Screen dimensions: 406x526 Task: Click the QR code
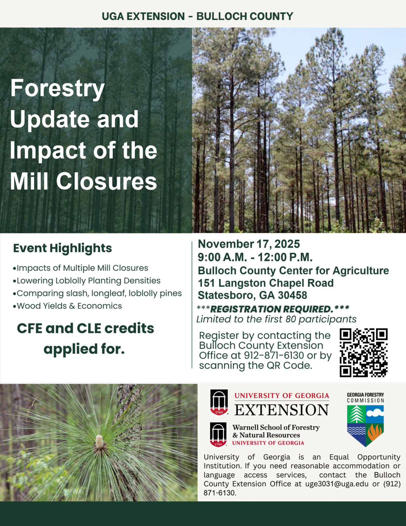click(363, 352)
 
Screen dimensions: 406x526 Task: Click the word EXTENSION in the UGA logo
click(282, 410)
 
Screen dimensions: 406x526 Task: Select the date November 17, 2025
click(249, 244)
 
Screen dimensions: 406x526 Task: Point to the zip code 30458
click(292, 295)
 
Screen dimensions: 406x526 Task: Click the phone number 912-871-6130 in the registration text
click(274, 355)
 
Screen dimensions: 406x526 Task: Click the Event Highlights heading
click(62, 248)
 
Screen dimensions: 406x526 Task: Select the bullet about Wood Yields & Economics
click(67, 306)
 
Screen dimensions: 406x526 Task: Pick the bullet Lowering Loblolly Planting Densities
click(87, 280)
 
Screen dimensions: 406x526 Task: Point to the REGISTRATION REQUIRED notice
click(273, 309)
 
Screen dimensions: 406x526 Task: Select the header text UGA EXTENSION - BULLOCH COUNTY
click(197, 16)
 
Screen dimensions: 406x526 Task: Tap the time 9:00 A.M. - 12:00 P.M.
click(255, 257)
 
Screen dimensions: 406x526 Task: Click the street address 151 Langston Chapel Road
click(266, 283)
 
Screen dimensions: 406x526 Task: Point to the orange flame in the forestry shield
click(374, 433)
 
